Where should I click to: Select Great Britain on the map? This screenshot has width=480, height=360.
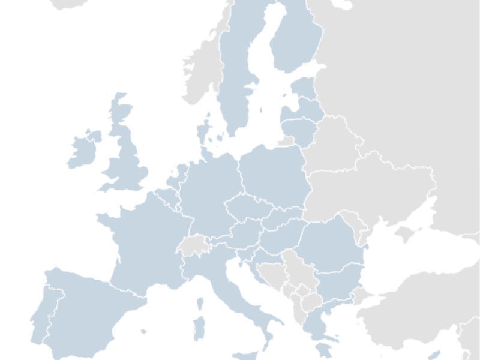(129, 162)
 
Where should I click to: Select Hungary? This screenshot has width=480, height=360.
(279, 237)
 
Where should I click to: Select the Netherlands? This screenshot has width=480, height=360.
(179, 174)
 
